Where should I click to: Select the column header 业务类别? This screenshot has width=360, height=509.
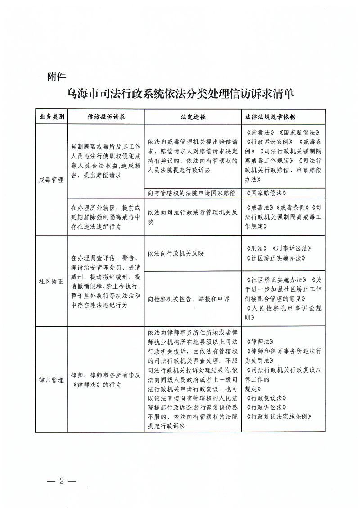pos(52,117)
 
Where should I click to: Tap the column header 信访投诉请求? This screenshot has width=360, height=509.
pos(106,117)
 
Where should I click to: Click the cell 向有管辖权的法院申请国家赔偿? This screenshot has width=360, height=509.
pos(192,193)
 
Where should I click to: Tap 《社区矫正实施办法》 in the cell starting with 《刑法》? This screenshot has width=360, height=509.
pos(276,258)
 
